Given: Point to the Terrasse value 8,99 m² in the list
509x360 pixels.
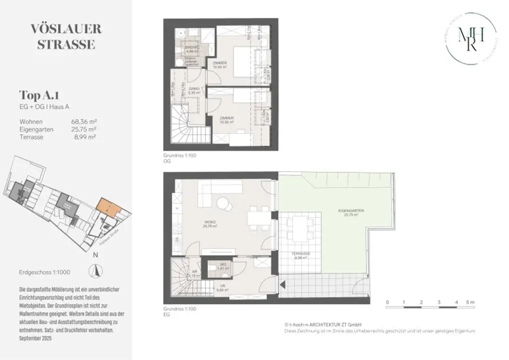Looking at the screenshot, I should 85,137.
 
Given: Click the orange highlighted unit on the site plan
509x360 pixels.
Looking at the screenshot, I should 108,206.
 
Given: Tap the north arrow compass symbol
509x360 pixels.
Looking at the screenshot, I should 95,271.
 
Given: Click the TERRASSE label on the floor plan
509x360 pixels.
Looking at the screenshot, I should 301,255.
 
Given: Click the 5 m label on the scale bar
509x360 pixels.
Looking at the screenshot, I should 471,302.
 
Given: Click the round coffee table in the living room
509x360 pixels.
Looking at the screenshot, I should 225,203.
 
